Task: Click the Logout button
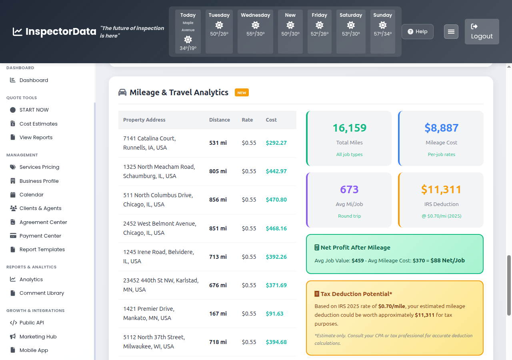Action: click(x=482, y=32)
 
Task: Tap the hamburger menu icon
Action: click(x=451, y=32)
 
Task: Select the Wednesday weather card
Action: click(x=255, y=32)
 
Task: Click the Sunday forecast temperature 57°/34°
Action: click(x=382, y=34)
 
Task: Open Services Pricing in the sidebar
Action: click(x=39, y=167)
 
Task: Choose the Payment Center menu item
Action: click(x=40, y=236)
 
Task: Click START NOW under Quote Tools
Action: click(x=34, y=110)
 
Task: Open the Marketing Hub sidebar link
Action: click(x=38, y=337)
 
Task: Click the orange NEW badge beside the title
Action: click(x=242, y=93)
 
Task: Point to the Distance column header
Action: click(x=219, y=120)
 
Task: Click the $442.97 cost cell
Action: click(x=276, y=171)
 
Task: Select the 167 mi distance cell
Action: click(x=218, y=314)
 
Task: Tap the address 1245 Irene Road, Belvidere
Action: click(x=158, y=256)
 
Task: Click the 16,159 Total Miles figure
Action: click(x=349, y=128)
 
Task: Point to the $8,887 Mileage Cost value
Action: click(x=441, y=128)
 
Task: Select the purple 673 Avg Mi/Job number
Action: click(x=349, y=190)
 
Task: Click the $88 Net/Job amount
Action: click(x=448, y=260)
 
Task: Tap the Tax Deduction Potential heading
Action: click(x=356, y=294)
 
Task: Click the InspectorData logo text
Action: click(x=60, y=32)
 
